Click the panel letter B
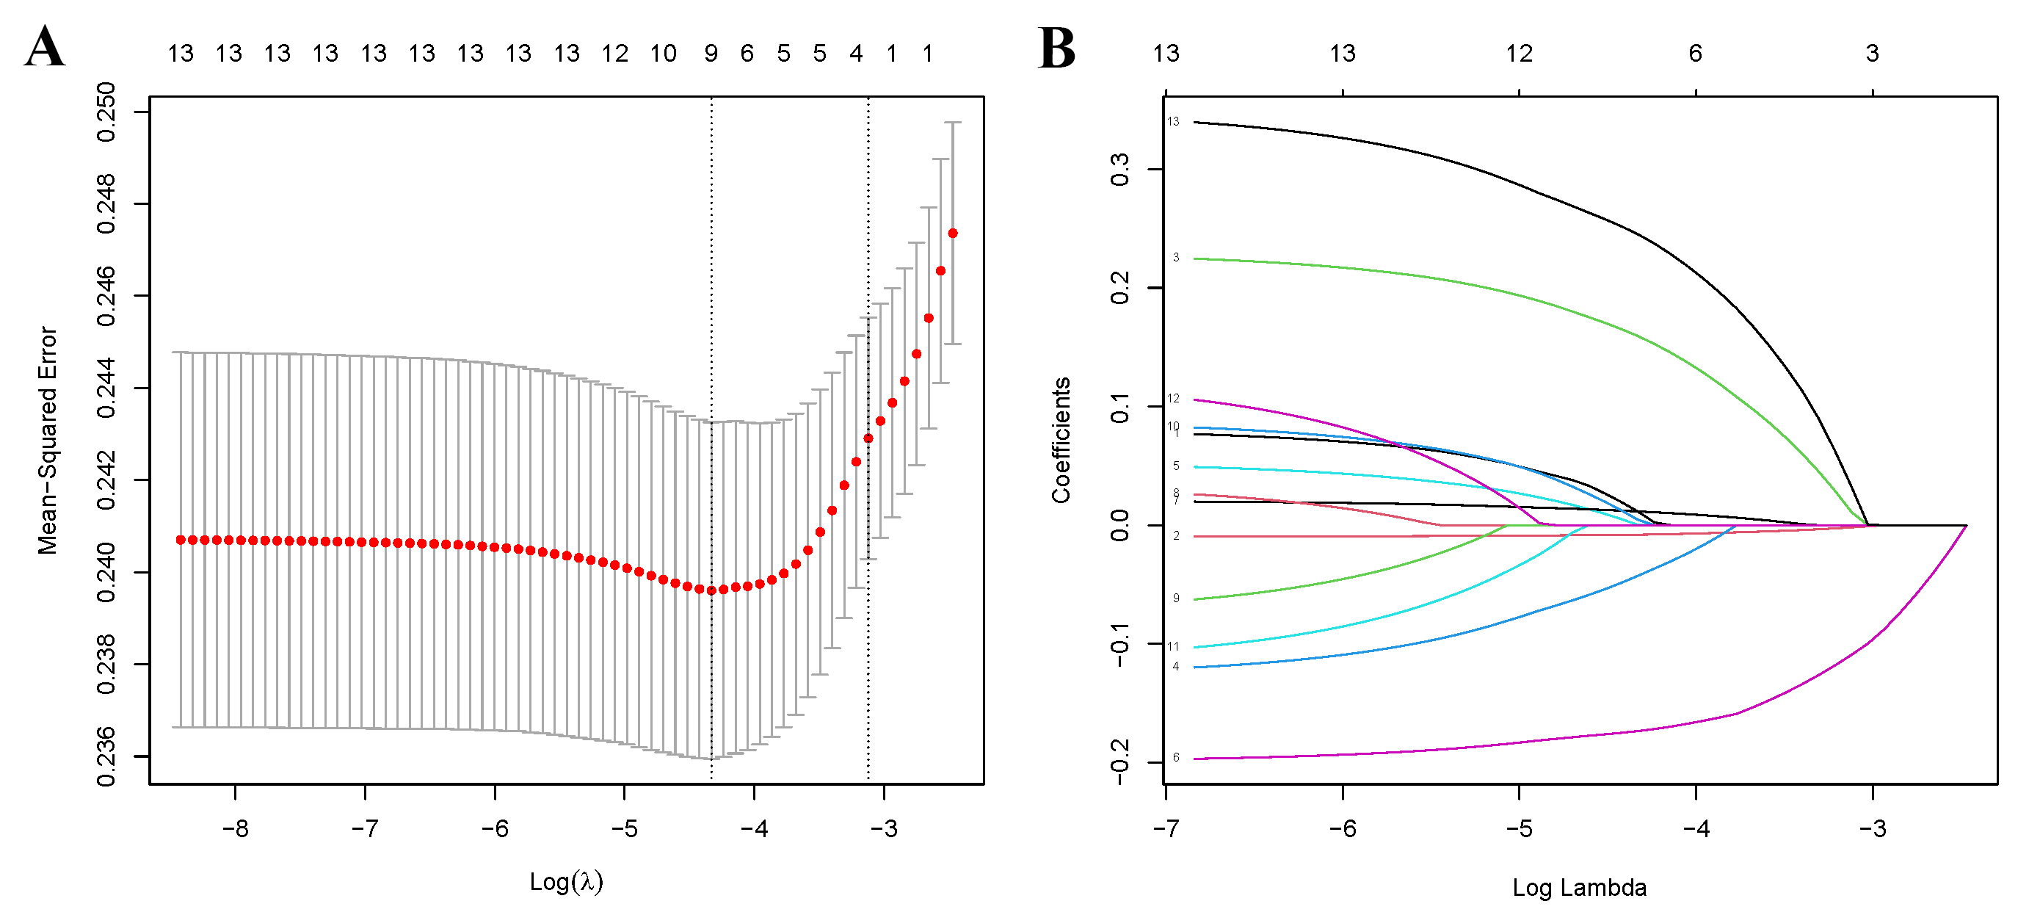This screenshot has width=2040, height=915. (1056, 48)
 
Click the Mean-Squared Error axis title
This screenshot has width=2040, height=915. (48, 441)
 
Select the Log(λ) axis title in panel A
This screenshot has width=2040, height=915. (566, 881)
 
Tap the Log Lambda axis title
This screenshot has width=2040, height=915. (1579, 887)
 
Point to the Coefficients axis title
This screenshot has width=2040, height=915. (1061, 441)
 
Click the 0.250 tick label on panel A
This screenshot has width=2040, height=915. (105, 112)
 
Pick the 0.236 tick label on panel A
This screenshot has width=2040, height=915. (105, 756)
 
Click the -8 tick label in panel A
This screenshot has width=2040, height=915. (235, 828)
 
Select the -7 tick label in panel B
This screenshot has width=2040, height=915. (1166, 828)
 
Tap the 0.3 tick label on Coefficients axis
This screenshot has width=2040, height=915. (1119, 170)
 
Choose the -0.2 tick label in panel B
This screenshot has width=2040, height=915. (1119, 762)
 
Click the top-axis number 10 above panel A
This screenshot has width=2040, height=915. (663, 53)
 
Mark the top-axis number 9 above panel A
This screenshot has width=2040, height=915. (711, 53)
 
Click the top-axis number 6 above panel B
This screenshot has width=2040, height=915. (1696, 53)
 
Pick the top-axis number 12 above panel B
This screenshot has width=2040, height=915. (1519, 53)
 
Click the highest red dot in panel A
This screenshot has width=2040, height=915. (953, 233)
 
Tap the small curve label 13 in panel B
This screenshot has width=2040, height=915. (1173, 121)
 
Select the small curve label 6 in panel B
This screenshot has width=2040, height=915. (1176, 757)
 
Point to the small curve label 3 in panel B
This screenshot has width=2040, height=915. (1176, 257)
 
